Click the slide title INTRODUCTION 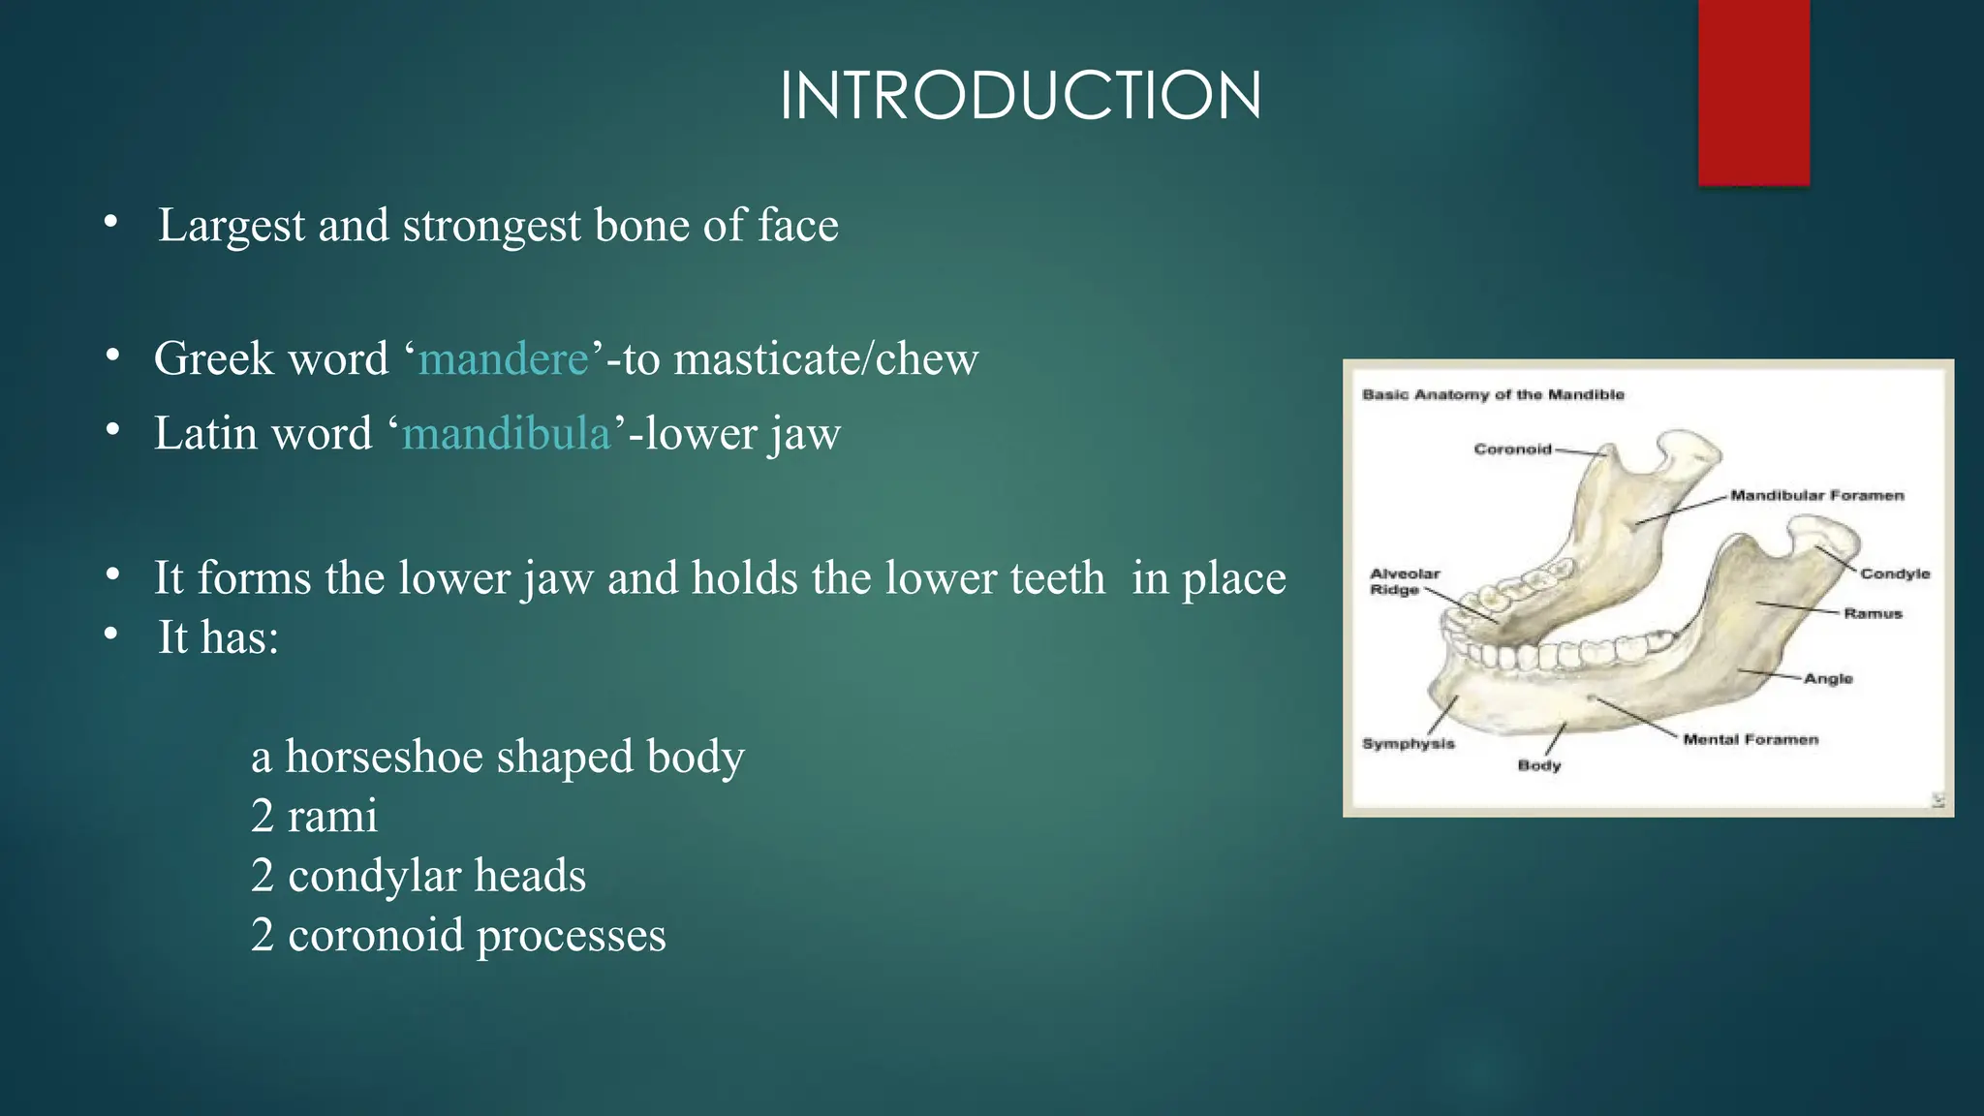point(1020,96)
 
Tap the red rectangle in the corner point(1753,92)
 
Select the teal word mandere point(503,359)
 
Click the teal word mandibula point(507,433)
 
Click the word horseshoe point(384,757)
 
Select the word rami point(332,817)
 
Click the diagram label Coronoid point(1512,449)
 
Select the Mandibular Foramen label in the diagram point(1816,496)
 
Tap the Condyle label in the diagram point(1895,573)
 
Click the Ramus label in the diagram point(1873,613)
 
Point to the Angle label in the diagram point(1828,678)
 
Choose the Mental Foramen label point(1750,740)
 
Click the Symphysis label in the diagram point(1408,744)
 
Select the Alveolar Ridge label point(1404,581)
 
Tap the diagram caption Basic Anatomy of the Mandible point(1492,394)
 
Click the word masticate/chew point(825,359)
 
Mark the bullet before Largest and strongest point(111,223)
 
